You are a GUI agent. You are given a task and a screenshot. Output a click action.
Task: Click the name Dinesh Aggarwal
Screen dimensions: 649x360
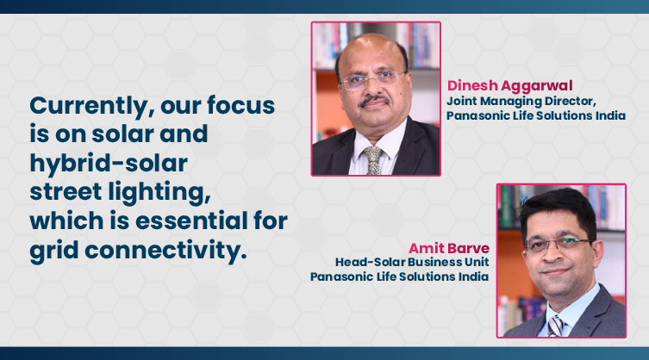[509, 85]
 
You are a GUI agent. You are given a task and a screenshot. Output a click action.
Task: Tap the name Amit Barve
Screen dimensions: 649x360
[449, 248]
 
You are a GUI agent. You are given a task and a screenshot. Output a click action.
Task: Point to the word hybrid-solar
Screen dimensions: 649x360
[109, 163]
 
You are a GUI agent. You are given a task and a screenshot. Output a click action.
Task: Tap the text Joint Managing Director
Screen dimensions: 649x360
[521, 102]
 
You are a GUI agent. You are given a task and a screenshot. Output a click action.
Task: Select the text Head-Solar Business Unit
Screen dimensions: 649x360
[412, 262]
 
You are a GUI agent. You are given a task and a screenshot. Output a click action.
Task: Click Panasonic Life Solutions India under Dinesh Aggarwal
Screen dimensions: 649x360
[536, 115]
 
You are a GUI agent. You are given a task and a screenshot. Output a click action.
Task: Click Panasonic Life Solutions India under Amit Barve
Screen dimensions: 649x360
[399, 276]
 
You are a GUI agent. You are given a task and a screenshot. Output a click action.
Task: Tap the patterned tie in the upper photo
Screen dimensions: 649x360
[373, 160]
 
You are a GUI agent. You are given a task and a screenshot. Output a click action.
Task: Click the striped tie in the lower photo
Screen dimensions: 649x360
[555, 326]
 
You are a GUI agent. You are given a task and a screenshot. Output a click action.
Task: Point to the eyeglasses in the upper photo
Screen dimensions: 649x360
[372, 79]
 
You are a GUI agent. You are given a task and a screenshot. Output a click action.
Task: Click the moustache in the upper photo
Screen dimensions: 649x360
[374, 100]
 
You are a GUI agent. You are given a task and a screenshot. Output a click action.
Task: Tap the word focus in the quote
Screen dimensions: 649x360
[240, 105]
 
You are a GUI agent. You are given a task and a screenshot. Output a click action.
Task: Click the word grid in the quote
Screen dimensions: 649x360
[53, 251]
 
